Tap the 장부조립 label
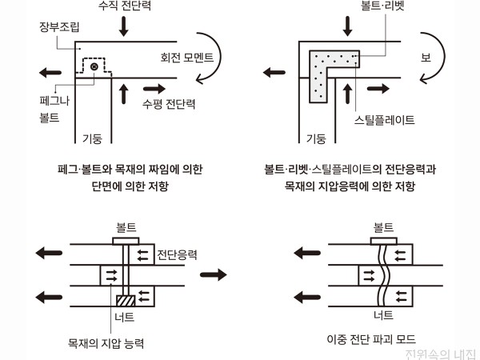click(59, 26)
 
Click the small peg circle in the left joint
click(94, 68)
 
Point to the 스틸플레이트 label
click(384, 120)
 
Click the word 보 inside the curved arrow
click(426, 58)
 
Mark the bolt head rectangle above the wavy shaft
click(384, 239)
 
